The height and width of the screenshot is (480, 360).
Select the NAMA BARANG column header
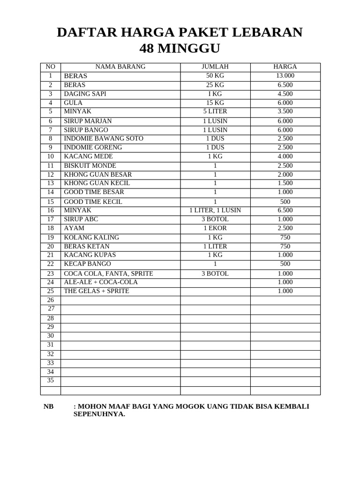(120, 67)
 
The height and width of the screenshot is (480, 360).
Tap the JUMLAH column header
(215, 67)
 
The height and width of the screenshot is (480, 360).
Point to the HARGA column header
(285, 67)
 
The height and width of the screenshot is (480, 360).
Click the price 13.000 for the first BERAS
(285, 75)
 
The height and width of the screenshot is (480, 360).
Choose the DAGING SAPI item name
(85, 94)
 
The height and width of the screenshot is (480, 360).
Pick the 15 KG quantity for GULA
(215, 103)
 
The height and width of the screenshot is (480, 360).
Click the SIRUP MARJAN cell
(88, 121)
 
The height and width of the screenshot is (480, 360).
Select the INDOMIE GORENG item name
(93, 147)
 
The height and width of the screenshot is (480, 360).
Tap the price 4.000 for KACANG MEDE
(285, 156)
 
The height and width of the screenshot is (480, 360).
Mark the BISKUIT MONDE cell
(90, 165)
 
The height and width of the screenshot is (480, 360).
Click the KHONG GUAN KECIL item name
(97, 183)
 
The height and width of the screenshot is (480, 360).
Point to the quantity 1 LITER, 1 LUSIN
(215, 210)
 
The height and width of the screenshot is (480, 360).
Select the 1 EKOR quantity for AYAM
(215, 228)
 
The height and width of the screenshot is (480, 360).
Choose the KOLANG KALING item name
(91, 238)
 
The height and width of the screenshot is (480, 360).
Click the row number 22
(51, 264)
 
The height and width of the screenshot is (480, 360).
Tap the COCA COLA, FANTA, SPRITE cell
(108, 274)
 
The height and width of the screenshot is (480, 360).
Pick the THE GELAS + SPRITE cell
(96, 291)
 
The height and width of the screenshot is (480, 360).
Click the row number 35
(51, 380)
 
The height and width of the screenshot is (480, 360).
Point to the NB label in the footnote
(49, 406)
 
